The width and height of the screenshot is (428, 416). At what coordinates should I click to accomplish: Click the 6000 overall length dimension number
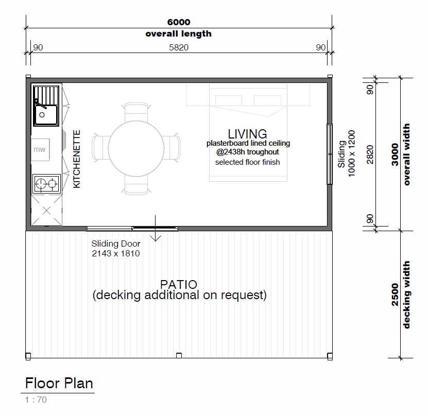point(179,22)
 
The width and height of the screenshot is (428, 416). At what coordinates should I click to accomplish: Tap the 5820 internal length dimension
point(179,47)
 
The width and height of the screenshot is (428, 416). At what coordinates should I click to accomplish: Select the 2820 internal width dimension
point(370,154)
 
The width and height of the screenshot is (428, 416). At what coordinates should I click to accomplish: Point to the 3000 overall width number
point(395,154)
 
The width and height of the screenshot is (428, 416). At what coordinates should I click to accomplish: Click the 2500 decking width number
point(395,294)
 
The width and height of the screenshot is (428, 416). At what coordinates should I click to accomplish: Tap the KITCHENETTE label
point(77,159)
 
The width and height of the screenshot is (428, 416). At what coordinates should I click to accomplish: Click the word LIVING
point(247,134)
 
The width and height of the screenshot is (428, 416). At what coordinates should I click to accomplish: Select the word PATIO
point(179,285)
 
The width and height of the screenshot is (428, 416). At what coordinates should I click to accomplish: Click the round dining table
point(136,149)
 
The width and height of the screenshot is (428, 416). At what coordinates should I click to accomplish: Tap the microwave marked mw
point(40,149)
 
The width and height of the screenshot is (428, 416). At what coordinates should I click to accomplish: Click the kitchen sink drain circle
point(42,115)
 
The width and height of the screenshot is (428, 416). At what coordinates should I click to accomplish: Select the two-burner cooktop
point(46,184)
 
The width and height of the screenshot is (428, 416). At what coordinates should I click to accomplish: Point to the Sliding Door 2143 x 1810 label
point(116,249)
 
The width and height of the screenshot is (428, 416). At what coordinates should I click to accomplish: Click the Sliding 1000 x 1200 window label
point(347,153)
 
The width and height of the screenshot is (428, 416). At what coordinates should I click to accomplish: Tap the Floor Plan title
point(59,383)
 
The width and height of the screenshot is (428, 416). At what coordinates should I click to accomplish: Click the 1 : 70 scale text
point(36,400)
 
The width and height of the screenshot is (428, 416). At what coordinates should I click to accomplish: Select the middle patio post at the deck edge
point(179,355)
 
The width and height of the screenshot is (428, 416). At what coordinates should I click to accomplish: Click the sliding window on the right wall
point(330,154)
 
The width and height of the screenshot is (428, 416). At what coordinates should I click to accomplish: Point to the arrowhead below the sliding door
point(156,238)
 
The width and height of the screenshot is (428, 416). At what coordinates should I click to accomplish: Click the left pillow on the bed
point(229,100)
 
